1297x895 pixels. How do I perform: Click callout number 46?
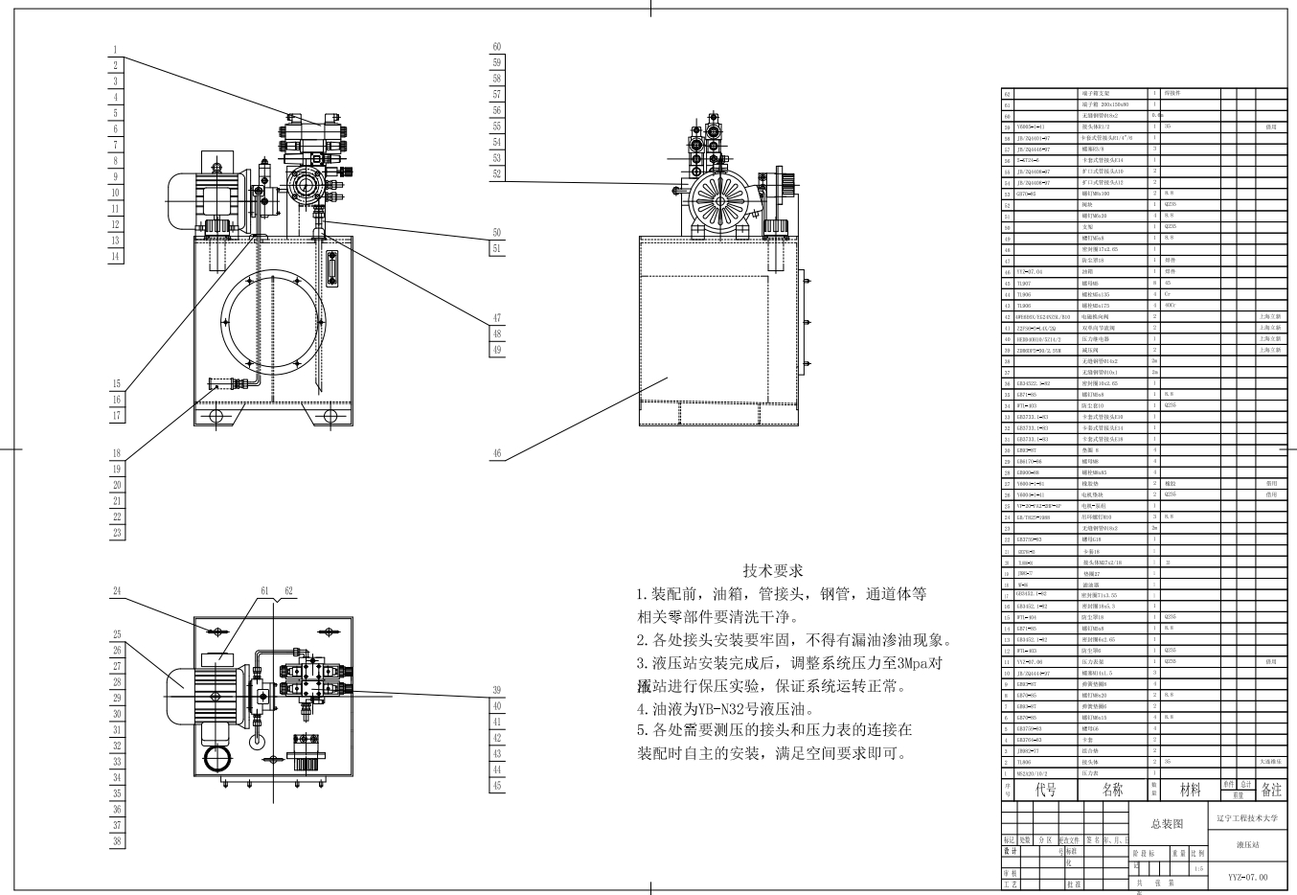click(497, 453)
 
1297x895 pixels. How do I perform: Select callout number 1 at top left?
click(115, 50)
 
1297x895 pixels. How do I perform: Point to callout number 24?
click(117, 591)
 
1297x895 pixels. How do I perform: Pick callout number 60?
click(497, 47)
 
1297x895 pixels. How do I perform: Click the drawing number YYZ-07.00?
click(1248, 877)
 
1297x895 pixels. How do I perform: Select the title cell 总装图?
click(1167, 824)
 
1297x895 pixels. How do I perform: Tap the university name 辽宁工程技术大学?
click(1254, 818)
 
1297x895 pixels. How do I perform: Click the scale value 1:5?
click(1198, 869)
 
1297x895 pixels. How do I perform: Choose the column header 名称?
click(1112, 790)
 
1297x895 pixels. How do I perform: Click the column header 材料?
click(1190, 790)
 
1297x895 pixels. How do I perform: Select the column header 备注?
click(1270, 790)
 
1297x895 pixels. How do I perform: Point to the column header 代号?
click(1045, 790)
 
